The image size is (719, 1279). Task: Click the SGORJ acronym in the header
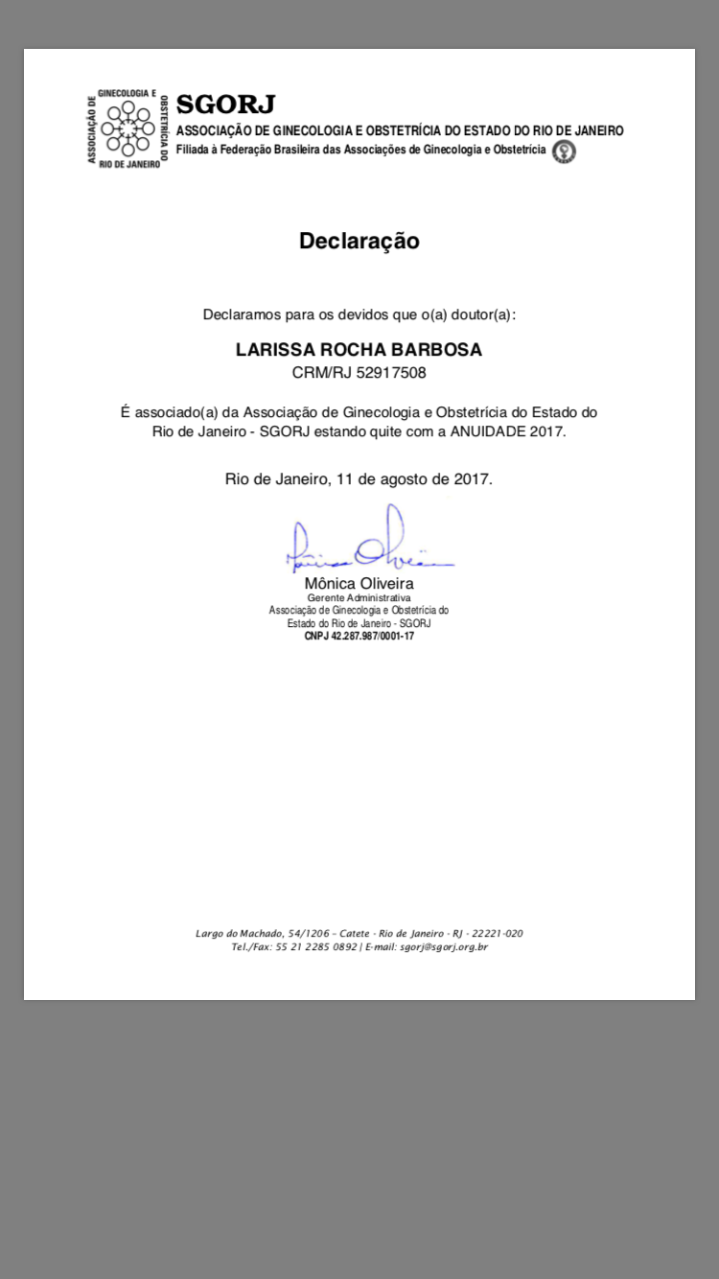[x=225, y=105]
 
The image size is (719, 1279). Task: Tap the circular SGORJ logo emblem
[x=128, y=129]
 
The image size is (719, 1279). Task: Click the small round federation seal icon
[x=566, y=151]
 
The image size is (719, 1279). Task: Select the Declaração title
[x=359, y=241]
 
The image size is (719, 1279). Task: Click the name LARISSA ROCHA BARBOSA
[x=359, y=350]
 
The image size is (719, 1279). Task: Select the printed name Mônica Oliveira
[x=359, y=583]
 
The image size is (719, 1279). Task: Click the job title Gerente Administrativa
[x=359, y=597]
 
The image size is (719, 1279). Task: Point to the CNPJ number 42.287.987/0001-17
[x=372, y=635]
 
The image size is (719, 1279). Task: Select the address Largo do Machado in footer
[x=240, y=934]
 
